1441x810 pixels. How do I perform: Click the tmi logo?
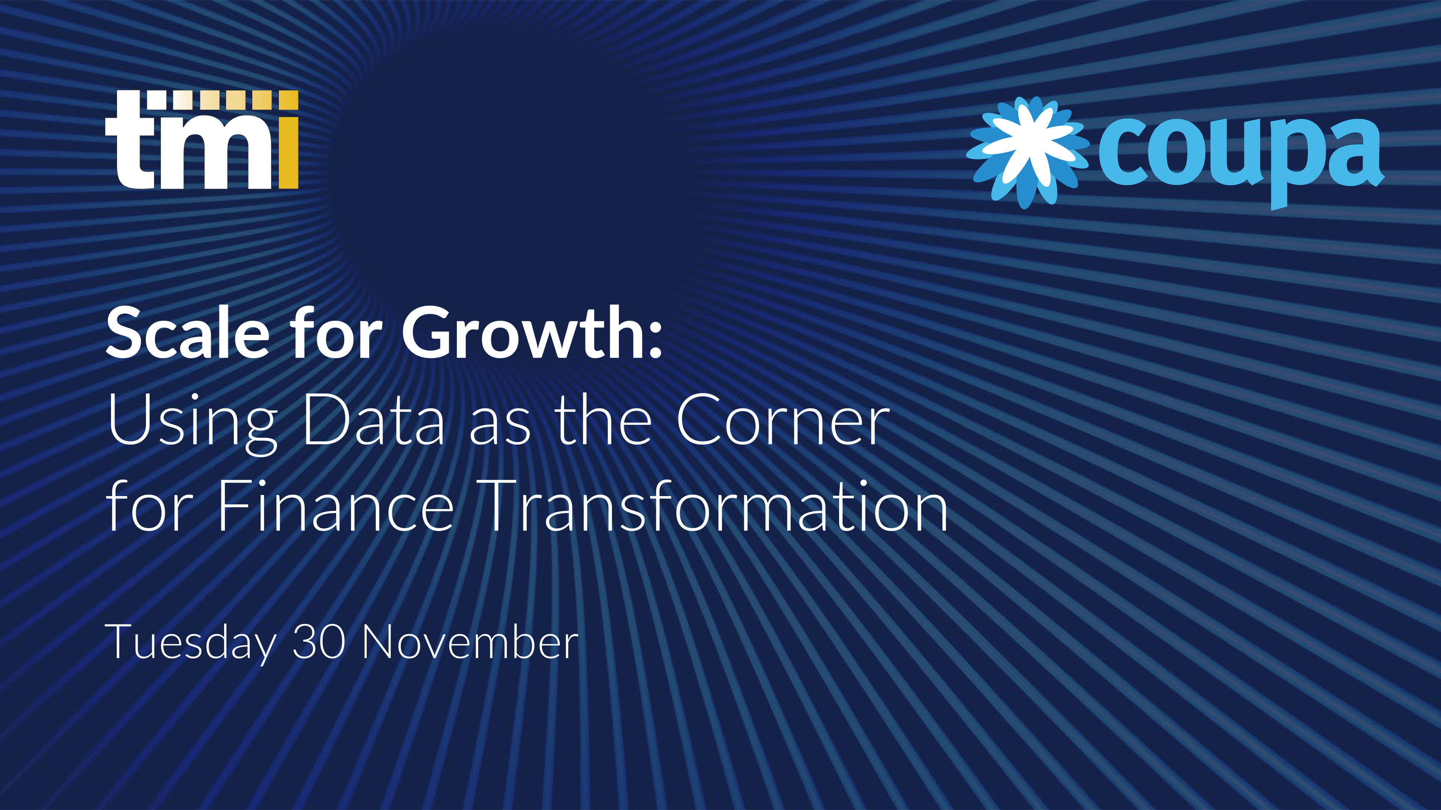click(x=202, y=140)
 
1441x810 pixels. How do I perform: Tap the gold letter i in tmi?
click(x=289, y=140)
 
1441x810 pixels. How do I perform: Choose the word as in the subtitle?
click(x=499, y=427)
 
